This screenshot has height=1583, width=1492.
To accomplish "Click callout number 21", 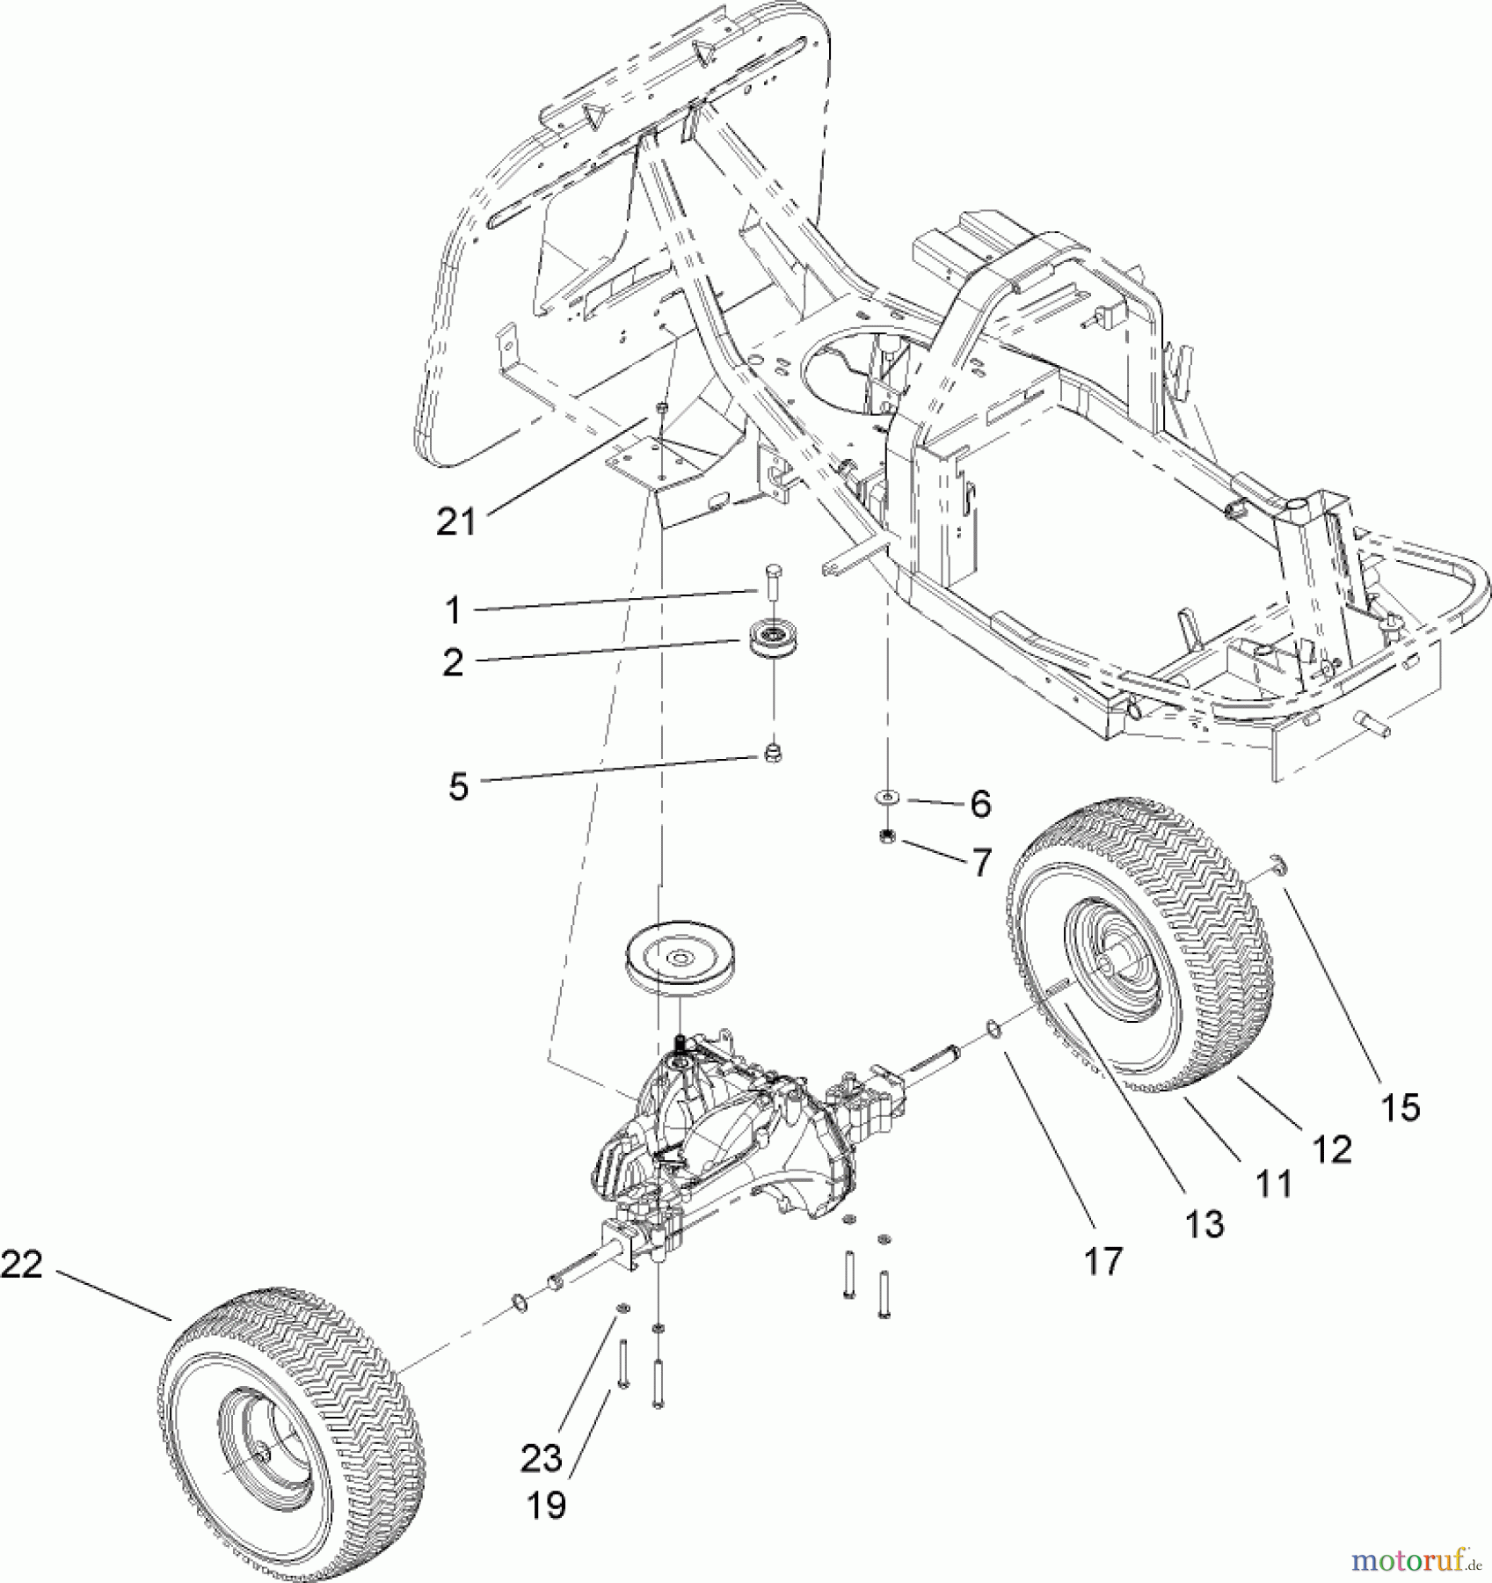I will pyautogui.click(x=455, y=522).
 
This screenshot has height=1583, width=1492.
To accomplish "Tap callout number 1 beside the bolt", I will pyautogui.click(x=452, y=609).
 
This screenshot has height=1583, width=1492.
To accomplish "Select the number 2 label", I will pyautogui.click(x=453, y=662).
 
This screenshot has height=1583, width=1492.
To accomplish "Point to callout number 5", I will pyautogui.click(x=458, y=785).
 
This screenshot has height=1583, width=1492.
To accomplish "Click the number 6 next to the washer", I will pyautogui.click(x=980, y=804).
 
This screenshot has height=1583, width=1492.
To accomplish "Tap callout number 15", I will pyautogui.click(x=1400, y=1107).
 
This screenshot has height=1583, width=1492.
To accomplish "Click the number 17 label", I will pyautogui.click(x=1103, y=1261).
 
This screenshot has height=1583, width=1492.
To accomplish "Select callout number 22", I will pyautogui.click(x=22, y=1265).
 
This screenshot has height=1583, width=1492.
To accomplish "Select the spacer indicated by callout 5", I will pyautogui.click(x=773, y=752).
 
